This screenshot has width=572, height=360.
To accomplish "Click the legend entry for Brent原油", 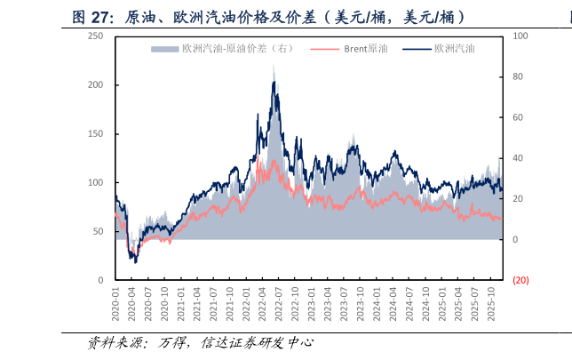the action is (349, 49).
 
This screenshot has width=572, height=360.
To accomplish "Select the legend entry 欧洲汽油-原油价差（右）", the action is (222, 49).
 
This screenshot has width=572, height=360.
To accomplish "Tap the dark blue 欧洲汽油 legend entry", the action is (439, 49).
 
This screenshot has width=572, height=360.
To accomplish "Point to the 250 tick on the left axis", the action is (96, 36).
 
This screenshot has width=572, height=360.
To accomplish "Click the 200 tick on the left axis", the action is (96, 84).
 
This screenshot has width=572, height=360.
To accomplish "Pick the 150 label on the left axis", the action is (96, 133).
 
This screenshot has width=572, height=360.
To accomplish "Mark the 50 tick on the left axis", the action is (98, 231).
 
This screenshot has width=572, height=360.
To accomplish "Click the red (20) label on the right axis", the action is (520, 280).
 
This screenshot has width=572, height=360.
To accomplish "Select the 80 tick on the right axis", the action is (518, 76).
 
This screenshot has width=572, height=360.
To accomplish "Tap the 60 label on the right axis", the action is (518, 117).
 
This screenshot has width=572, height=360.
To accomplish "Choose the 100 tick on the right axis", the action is (520, 36).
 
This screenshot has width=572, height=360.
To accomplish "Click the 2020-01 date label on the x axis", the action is (115, 304).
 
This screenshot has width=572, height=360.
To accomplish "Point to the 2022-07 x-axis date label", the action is (279, 304).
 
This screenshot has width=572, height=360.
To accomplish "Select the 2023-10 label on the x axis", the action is (361, 304).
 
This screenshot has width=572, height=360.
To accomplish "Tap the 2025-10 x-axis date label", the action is (491, 304).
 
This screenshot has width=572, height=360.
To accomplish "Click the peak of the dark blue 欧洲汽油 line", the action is (274, 82).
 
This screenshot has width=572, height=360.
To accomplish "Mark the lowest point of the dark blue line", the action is (136, 263).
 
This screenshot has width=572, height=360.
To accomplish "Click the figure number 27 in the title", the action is (99, 17).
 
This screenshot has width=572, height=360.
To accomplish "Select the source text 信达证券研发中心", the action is (257, 342).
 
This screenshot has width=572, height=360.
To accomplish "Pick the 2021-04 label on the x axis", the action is (197, 304).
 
